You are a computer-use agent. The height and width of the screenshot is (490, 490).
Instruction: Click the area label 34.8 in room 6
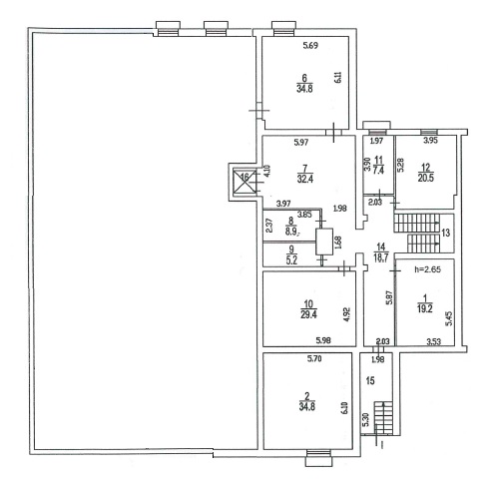pyautogui.click(x=304, y=89)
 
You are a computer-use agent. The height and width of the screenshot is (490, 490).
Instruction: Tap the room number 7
pyautogui.click(x=305, y=168)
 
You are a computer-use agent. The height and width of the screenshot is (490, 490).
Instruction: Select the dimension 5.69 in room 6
pyautogui.click(x=310, y=46)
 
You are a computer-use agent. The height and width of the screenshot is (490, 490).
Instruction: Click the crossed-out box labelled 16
pyautogui.click(x=245, y=181)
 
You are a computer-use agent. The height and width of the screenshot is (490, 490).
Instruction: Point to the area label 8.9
pyautogui.click(x=291, y=232)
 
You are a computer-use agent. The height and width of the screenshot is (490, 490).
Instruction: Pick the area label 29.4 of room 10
pyautogui.click(x=308, y=314)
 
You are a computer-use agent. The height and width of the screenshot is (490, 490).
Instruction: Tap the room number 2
pyautogui.click(x=307, y=396)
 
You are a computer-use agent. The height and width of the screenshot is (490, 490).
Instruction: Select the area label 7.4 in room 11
pyautogui.click(x=378, y=171)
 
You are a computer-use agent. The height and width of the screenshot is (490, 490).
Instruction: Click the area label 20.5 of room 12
pyautogui.click(x=426, y=178)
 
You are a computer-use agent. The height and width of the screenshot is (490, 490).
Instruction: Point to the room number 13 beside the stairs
pyautogui.click(x=446, y=233)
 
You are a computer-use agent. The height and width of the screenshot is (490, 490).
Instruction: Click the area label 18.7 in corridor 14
pyautogui.click(x=381, y=257)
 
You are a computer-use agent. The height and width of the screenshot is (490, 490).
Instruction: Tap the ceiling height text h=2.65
pyautogui.click(x=427, y=269)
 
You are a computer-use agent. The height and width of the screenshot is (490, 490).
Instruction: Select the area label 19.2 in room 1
pyautogui.click(x=425, y=309)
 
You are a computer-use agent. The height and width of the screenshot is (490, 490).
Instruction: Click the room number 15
pyautogui.click(x=370, y=380)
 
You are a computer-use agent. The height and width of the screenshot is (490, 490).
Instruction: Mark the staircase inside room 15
pyautogui.click(x=383, y=418)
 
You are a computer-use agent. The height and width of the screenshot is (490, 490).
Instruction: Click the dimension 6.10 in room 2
pyautogui.click(x=344, y=407)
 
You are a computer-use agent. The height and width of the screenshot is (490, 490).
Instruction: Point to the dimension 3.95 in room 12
pyautogui.click(x=430, y=141)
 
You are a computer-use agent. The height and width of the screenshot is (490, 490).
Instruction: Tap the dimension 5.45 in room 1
pyautogui.click(x=449, y=318)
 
